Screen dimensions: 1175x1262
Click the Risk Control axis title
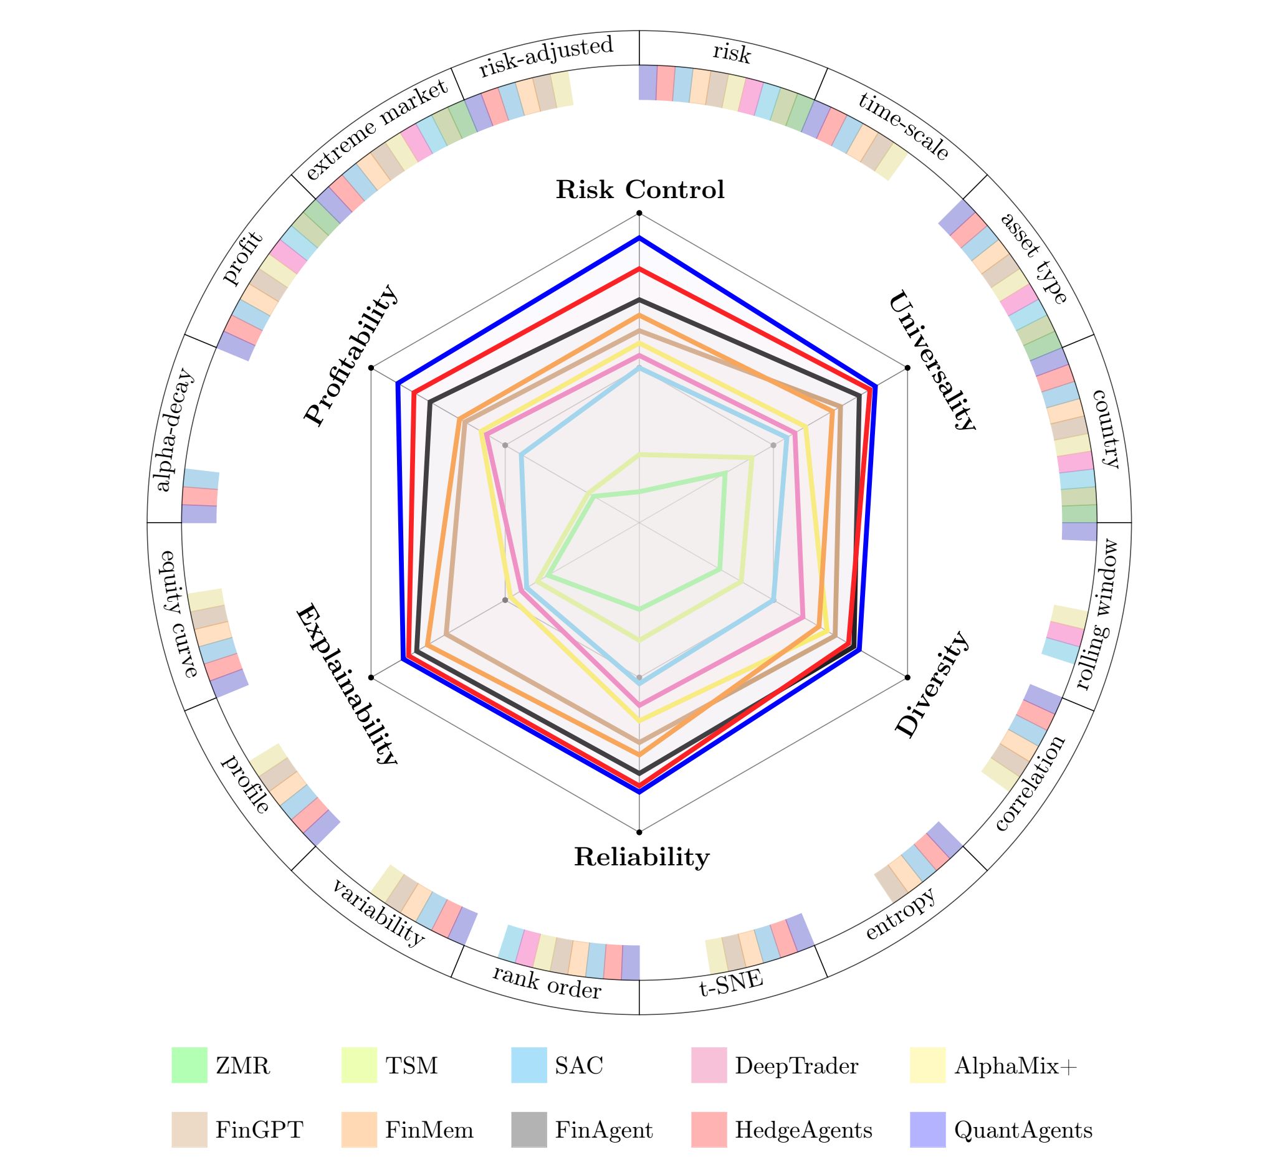640,189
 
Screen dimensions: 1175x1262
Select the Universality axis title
931,361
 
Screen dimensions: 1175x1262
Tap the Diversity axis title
932,685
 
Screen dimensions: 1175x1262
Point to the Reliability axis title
641,857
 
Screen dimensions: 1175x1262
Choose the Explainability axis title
347,685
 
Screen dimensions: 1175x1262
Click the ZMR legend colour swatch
189,1065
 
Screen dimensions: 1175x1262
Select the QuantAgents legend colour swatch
927,1130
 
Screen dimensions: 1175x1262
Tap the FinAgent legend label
604,1130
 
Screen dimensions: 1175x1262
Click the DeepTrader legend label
796,1066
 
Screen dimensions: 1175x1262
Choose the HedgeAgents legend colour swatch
709,1130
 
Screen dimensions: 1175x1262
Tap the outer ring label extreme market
376,131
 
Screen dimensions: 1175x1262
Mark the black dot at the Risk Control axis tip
639,213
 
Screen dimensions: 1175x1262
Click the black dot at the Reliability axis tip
639,832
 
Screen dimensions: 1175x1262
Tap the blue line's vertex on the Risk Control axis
639,238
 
